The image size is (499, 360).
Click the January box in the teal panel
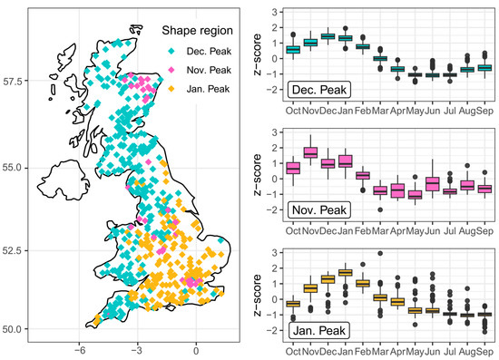tap(345, 37)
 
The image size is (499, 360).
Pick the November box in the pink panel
tap(310, 152)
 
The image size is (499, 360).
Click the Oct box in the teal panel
tap(293, 49)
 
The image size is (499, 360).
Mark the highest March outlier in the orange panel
tap(380, 254)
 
